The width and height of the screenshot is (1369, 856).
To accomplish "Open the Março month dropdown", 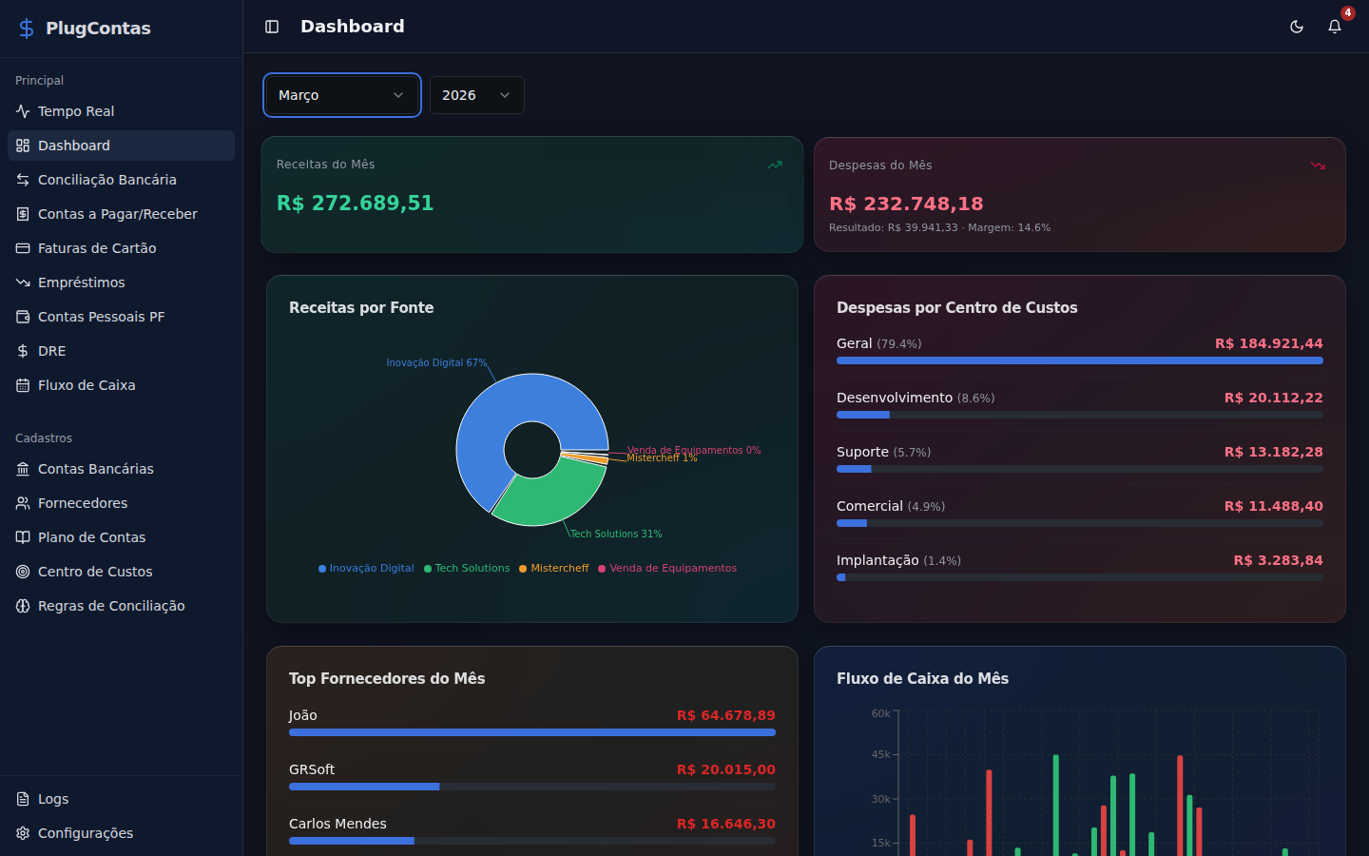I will click(341, 95).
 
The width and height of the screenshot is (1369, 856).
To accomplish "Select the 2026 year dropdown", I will click(476, 95).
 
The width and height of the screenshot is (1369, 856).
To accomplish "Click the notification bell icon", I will click(1334, 27).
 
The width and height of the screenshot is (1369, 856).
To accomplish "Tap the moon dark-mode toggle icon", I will click(1296, 27).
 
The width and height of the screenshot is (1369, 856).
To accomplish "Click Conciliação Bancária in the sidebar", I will click(106, 180).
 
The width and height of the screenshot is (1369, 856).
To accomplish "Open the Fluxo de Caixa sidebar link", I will click(86, 385).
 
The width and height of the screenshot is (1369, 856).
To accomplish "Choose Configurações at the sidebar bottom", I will click(85, 833).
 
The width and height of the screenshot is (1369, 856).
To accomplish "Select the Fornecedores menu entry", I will click(82, 503).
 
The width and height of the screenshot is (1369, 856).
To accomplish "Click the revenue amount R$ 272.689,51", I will click(355, 204).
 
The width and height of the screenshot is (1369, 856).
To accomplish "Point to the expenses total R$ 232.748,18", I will click(906, 204).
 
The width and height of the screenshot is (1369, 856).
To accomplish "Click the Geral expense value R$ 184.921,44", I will click(1268, 343).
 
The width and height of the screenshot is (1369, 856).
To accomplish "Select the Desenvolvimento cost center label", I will click(894, 398).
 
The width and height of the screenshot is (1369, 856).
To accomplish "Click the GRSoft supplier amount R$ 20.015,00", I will click(725, 769).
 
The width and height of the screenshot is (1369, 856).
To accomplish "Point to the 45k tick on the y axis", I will click(880, 754).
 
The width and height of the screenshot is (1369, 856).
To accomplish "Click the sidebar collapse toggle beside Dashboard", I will click(272, 27).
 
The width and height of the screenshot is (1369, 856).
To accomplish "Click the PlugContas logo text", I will click(98, 29).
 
